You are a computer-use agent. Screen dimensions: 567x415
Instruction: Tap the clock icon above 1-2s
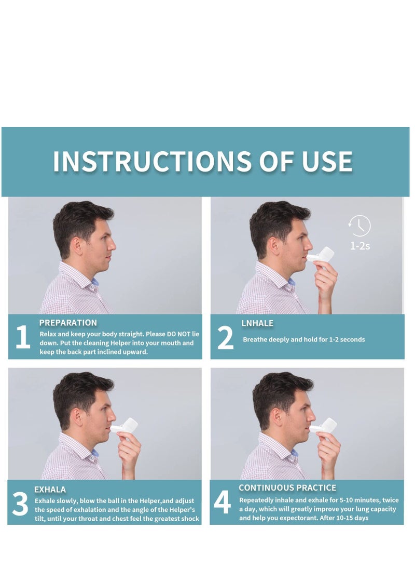click(360, 226)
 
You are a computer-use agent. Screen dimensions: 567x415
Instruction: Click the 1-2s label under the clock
click(360, 245)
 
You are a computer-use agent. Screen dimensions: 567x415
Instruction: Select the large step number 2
click(225, 338)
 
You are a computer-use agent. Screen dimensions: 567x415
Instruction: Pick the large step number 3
click(20, 504)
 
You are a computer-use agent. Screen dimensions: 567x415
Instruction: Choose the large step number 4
click(222, 503)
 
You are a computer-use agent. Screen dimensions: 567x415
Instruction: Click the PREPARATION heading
click(68, 323)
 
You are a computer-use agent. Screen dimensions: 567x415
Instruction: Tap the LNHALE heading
click(257, 323)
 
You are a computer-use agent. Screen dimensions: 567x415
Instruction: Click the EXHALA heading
click(50, 489)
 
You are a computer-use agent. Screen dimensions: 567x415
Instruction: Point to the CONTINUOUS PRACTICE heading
click(287, 487)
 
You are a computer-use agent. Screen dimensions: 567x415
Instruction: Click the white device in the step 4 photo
click(326, 427)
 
